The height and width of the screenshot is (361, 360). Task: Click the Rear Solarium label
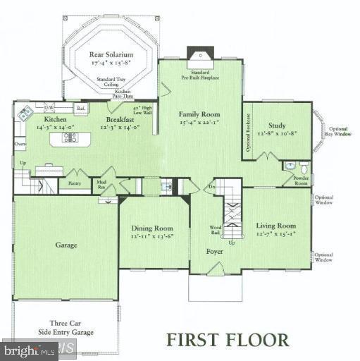click(109, 54)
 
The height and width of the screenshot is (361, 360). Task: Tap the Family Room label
click(199, 114)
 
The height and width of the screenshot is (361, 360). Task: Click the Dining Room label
click(152, 228)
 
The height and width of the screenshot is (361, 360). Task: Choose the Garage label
click(66, 245)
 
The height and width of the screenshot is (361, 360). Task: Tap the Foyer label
click(214, 250)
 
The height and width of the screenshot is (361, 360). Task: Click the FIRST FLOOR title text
click(227, 339)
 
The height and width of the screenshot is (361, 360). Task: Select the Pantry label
click(75, 183)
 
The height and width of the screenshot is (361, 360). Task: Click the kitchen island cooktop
click(70, 137)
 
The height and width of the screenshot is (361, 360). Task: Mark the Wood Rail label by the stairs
click(216, 229)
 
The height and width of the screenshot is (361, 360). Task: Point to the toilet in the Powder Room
click(304, 169)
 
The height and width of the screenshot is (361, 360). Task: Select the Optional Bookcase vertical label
click(248, 139)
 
